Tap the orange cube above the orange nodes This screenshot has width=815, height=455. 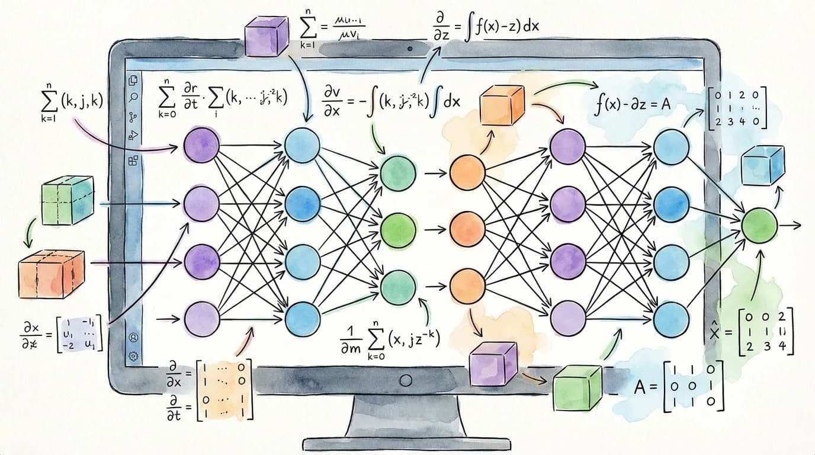(502, 105)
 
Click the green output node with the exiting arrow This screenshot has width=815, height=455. (759, 225)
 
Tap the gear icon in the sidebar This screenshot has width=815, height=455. (133, 355)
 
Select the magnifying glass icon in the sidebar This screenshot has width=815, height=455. (133, 97)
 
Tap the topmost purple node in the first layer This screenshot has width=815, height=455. (201, 147)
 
